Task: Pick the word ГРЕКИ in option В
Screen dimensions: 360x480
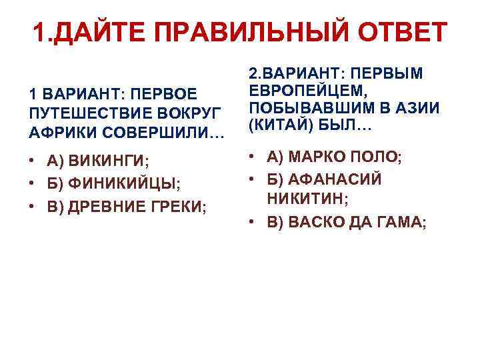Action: (x=181, y=206)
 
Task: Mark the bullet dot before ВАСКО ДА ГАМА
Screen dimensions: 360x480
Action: (x=253, y=223)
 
